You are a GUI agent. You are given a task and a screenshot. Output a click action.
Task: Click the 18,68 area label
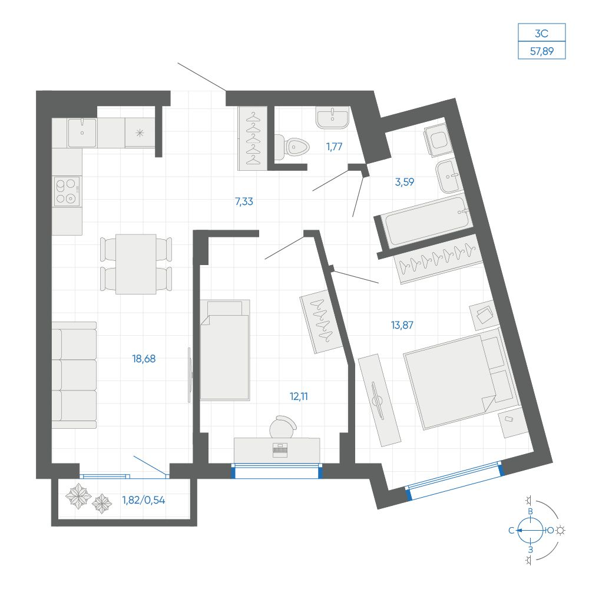pyautogui.click(x=144, y=359)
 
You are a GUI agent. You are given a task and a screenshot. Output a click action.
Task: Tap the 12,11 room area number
pyautogui.click(x=299, y=396)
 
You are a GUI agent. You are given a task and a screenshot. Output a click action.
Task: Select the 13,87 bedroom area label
pyautogui.click(x=402, y=325)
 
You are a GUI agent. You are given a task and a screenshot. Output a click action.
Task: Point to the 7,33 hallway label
pyautogui.click(x=244, y=201)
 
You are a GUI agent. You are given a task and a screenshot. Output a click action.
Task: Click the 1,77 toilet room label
pyautogui.click(x=335, y=147)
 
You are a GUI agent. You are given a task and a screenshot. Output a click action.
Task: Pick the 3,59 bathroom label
pyautogui.click(x=405, y=182)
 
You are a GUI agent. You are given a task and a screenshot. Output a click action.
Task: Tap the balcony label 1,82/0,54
pyautogui.click(x=144, y=500)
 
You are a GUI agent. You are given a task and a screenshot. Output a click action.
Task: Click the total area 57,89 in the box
pyautogui.click(x=542, y=51)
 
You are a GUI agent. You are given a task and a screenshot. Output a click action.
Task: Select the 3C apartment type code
pyautogui.click(x=542, y=34)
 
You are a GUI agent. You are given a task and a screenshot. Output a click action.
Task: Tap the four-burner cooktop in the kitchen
pyautogui.click(x=67, y=191)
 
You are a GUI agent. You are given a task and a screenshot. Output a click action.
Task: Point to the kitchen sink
pyautogui.click(x=82, y=133)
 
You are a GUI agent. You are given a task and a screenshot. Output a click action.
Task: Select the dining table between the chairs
pyautogui.click(x=136, y=264)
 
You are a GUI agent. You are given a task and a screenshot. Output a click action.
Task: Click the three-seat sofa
pyautogui.click(x=74, y=375)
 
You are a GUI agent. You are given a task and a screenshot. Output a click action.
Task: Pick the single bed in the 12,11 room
pyautogui.click(x=224, y=350)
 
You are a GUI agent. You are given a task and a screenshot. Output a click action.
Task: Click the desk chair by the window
pyautogui.click(x=283, y=427)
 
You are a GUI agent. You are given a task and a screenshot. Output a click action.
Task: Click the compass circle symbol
pyautogui.click(x=531, y=531)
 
